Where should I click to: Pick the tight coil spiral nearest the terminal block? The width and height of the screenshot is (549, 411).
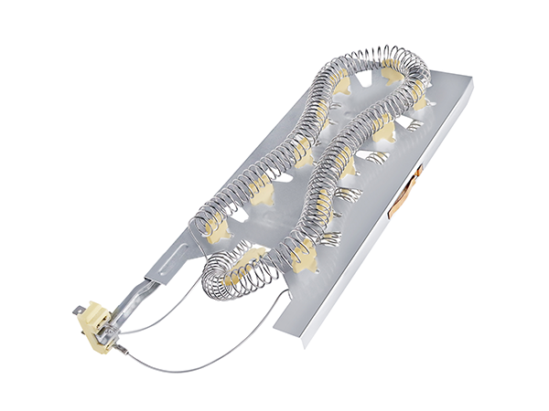coord(229,269)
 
